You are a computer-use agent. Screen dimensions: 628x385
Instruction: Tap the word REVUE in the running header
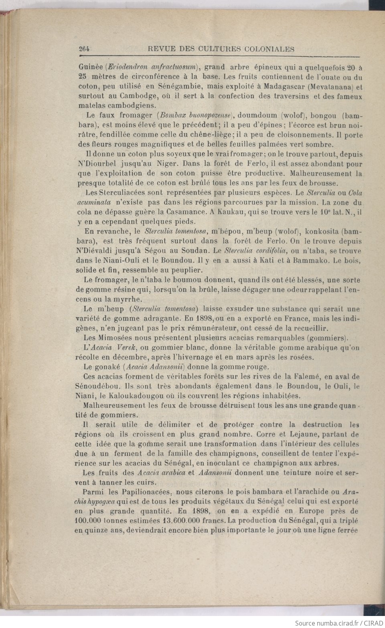pos(160,49)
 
